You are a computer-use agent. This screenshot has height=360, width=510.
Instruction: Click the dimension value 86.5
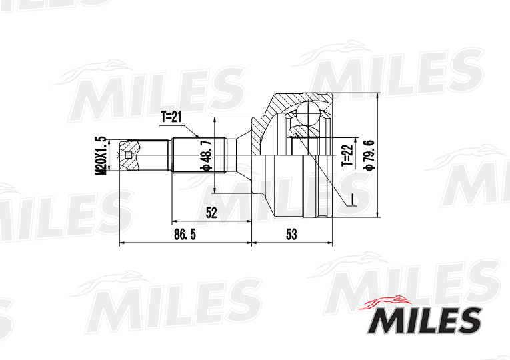185,235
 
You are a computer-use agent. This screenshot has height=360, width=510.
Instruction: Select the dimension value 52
211,213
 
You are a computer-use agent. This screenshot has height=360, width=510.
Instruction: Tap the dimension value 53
291,235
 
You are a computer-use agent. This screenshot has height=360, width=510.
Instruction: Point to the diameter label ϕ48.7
207,155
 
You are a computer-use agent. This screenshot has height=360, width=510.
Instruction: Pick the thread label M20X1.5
102,155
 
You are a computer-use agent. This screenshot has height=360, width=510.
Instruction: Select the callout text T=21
171,117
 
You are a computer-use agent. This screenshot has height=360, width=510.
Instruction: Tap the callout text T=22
347,155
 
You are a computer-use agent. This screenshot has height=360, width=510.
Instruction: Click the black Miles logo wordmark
424,320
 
